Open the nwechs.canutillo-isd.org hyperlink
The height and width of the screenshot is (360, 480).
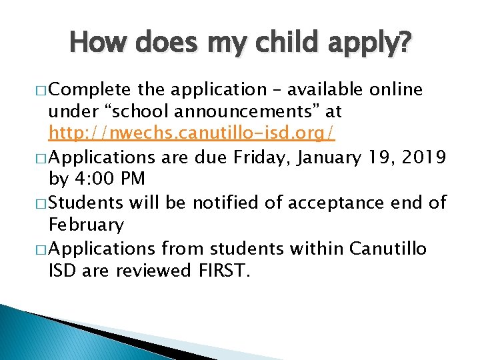(x=192, y=135)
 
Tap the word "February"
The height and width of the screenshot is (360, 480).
(x=86, y=225)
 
